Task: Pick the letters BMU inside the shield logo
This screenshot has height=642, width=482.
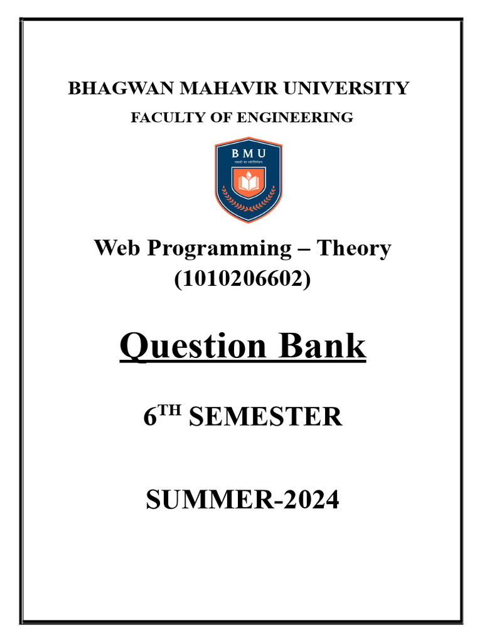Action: pos(249,154)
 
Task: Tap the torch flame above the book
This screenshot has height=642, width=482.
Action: pos(249,172)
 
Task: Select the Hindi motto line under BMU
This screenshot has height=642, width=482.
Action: pos(249,163)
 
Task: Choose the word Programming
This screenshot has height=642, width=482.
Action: pos(220,250)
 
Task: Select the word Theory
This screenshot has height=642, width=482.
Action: pos(353,249)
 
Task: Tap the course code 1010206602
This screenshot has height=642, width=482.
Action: pos(242,278)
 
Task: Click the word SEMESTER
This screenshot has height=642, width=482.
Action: pos(265,417)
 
